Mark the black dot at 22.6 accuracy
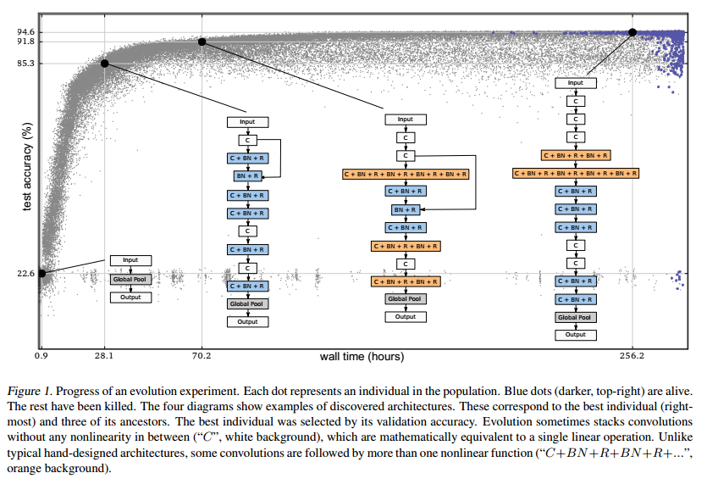pyautogui.click(x=41, y=273)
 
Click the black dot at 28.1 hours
pyautogui.click(x=105, y=64)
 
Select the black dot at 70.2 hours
pyautogui.click(x=202, y=42)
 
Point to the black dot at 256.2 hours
pyautogui.click(x=632, y=32)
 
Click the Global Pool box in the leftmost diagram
pyautogui.click(x=130, y=278)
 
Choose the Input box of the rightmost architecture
pyautogui.click(x=576, y=83)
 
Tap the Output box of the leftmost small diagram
pyautogui.click(x=130, y=297)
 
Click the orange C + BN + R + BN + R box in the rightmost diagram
pyautogui.click(x=576, y=155)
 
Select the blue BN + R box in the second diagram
pyautogui.click(x=247, y=176)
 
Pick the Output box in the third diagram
pyautogui.click(x=406, y=317)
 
